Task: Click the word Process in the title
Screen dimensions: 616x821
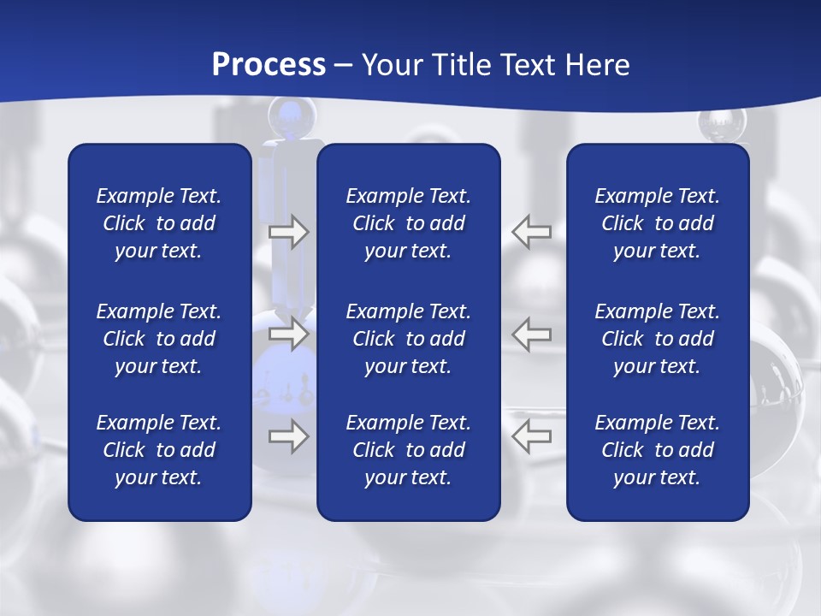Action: click(269, 65)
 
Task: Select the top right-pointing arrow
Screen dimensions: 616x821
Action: click(289, 232)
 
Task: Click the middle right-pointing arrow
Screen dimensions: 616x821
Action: click(289, 334)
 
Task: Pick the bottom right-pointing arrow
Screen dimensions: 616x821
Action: click(289, 436)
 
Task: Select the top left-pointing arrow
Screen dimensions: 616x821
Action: click(531, 232)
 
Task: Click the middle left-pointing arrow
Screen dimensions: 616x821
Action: click(531, 334)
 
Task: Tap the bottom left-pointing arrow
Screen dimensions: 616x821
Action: click(531, 436)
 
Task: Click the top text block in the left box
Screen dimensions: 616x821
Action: click(159, 223)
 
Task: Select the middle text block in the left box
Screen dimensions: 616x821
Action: click(159, 339)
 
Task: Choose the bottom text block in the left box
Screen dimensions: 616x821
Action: click(159, 450)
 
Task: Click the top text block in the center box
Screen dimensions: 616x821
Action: click(408, 223)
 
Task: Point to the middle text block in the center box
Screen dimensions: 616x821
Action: click(408, 339)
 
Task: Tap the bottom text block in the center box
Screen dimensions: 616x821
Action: click(408, 450)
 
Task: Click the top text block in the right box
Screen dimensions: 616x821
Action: click(657, 223)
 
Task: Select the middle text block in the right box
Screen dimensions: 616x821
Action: click(657, 339)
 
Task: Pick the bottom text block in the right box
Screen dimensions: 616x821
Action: click(657, 450)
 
